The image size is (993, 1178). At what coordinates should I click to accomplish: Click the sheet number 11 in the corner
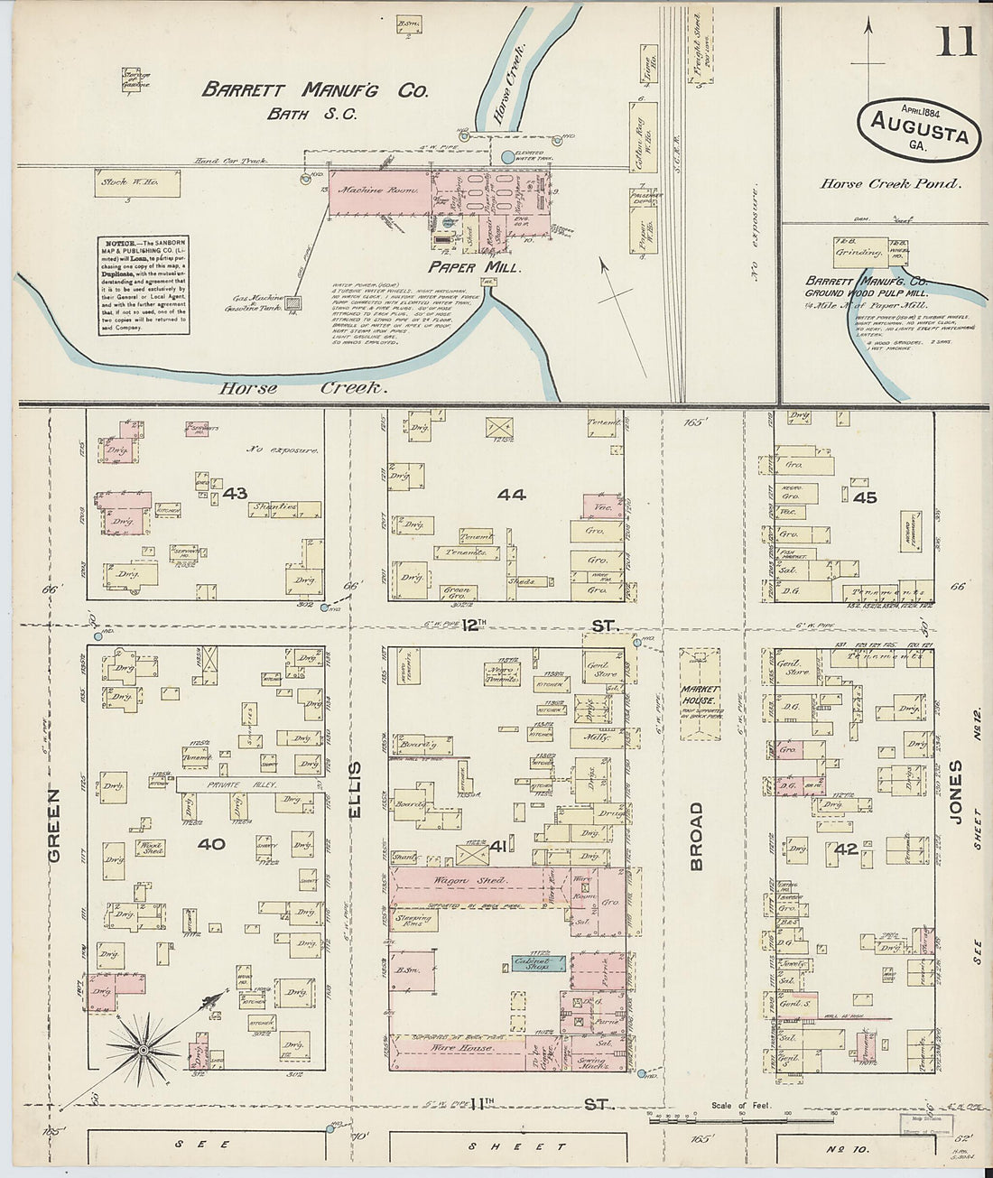coord(955,42)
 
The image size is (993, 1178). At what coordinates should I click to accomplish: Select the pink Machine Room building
coord(378,191)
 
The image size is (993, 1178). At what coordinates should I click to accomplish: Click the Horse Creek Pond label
coord(890,183)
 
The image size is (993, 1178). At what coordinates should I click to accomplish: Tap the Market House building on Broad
coord(699,694)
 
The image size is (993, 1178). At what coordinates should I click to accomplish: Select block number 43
coord(235,493)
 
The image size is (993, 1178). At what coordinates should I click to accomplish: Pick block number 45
coord(864,496)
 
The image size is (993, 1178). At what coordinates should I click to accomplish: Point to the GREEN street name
coord(53,825)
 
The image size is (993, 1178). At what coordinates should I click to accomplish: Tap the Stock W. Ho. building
coord(138,183)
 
